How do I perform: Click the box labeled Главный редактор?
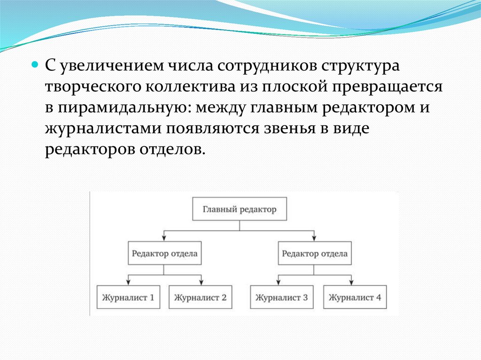click(x=240, y=209)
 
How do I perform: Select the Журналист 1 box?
click(x=128, y=297)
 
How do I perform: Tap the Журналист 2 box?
click(x=200, y=297)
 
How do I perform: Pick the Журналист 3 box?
click(x=281, y=297)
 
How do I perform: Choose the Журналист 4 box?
click(x=355, y=297)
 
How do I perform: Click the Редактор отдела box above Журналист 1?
click(x=164, y=254)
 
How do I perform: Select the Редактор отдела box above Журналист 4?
click(x=314, y=254)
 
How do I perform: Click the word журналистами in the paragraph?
click(x=101, y=129)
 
